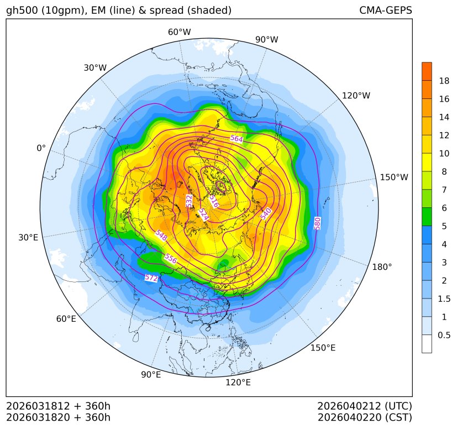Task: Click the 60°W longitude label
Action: pyautogui.click(x=179, y=32)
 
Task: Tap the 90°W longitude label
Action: pyautogui.click(x=266, y=39)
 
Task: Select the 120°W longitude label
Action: pyautogui.click(x=356, y=96)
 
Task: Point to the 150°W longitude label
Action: pyautogui.click(x=394, y=177)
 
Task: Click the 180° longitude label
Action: pyautogui.click(x=382, y=267)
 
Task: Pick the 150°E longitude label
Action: pyautogui.click(x=323, y=348)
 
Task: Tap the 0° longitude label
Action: pyautogui.click(x=41, y=148)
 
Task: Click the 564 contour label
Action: pyautogui.click(x=237, y=138)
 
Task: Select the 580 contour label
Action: pyautogui.click(x=317, y=223)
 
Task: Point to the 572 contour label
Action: pyautogui.click(x=151, y=278)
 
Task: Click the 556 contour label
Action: pyautogui.click(x=171, y=258)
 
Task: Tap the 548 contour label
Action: pyautogui.click(x=161, y=235)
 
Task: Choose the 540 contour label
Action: pyautogui.click(x=266, y=213)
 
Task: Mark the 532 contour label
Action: pyautogui.click(x=190, y=201)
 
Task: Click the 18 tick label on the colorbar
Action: pyautogui.click(x=444, y=81)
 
